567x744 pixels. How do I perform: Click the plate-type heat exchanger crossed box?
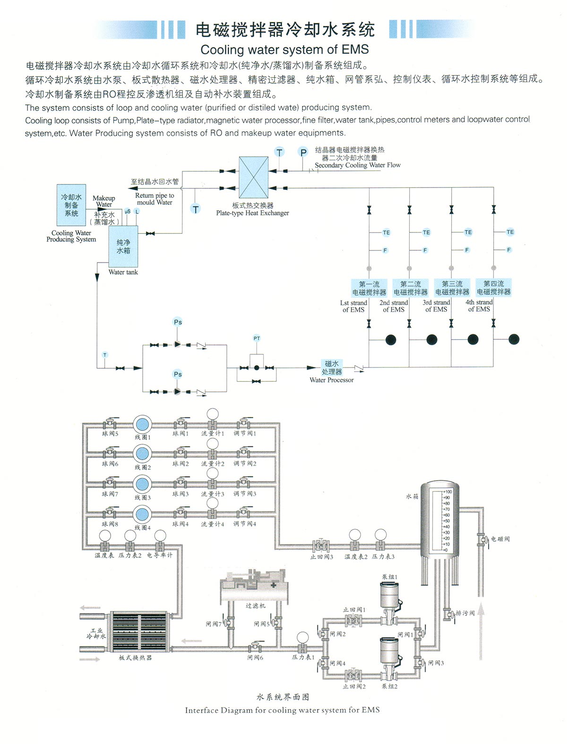(x=254, y=178)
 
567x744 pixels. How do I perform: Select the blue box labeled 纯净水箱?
(x=123, y=246)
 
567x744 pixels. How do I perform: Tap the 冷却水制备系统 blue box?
(x=71, y=205)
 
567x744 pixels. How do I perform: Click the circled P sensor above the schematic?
(x=303, y=152)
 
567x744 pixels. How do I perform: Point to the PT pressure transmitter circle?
(x=257, y=338)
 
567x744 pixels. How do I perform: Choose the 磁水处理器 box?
(x=332, y=368)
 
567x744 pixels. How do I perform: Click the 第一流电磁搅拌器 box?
(x=369, y=288)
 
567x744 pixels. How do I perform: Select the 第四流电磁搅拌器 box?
(x=494, y=288)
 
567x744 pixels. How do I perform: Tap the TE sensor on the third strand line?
(x=468, y=232)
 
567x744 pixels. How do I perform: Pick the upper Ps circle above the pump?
(x=178, y=322)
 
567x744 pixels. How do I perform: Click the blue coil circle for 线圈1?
(x=142, y=424)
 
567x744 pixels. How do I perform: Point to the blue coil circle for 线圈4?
(x=142, y=514)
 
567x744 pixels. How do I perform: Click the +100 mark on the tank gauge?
(x=447, y=492)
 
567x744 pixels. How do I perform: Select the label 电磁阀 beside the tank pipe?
(x=500, y=539)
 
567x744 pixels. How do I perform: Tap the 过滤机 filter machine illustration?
(x=256, y=586)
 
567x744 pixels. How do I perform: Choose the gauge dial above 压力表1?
(x=302, y=638)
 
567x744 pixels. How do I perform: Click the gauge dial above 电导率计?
(x=160, y=536)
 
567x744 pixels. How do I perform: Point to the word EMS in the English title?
(x=355, y=50)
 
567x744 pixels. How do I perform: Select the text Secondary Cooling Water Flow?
(x=358, y=165)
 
